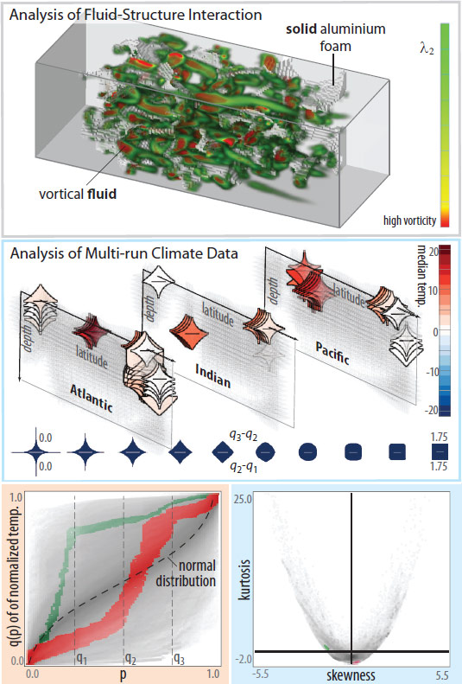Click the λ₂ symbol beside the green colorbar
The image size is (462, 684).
[427, 48]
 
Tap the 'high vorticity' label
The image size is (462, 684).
[409, 221]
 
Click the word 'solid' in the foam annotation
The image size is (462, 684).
[301, 29]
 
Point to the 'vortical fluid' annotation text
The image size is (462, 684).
[78, 193]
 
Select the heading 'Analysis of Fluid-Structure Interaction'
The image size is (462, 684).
[136, 15]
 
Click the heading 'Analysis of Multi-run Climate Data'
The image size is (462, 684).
[124, 253]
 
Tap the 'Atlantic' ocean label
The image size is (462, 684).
[92, 399]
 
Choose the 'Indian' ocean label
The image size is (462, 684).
[212, 375]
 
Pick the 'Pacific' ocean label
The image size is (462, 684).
[332, 354]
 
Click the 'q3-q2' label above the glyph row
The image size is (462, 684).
[244, 435]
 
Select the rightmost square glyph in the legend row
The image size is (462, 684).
[440, 452]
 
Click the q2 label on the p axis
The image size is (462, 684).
[130, 658]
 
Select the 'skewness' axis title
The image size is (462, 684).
[351, 674]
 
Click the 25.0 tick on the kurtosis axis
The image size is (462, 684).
[243, 499]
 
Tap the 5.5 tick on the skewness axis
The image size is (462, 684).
[441, 675]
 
